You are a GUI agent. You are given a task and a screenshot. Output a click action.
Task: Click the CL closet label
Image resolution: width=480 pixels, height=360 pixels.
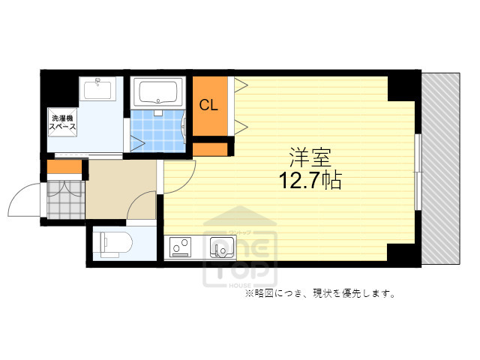pos(208,106)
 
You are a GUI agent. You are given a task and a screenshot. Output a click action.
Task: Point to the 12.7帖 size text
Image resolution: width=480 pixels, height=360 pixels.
pos(310,180)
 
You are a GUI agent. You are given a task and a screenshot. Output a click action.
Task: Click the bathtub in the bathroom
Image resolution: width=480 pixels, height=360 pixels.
pos(157,94)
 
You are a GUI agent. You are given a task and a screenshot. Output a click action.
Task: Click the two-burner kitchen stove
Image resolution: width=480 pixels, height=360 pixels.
pos(180,246)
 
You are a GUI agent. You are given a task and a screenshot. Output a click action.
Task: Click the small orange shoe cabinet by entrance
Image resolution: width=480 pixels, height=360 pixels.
pos(58,167)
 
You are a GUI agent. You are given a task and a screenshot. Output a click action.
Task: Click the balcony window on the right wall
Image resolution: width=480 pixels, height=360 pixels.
pos(418,169)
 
